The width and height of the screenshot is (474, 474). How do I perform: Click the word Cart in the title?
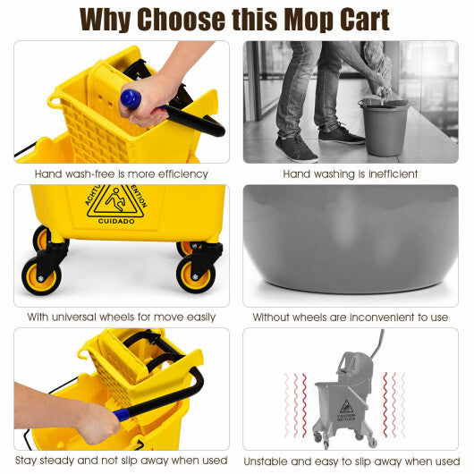click(x=351, y=19)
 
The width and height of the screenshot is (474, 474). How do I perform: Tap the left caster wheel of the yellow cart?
click(x=41, y=275)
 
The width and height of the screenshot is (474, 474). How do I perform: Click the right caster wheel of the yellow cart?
click(x=195, y=273)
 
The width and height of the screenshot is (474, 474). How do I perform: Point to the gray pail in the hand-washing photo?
click(x=385, y=125)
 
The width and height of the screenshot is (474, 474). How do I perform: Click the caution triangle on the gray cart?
click(x=344, y=407)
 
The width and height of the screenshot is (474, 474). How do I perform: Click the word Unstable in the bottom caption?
click(x=270, y=460)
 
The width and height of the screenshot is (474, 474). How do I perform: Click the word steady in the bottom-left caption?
click(x=53, y=460)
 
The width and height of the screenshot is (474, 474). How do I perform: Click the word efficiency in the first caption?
click(x=180, y=174)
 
